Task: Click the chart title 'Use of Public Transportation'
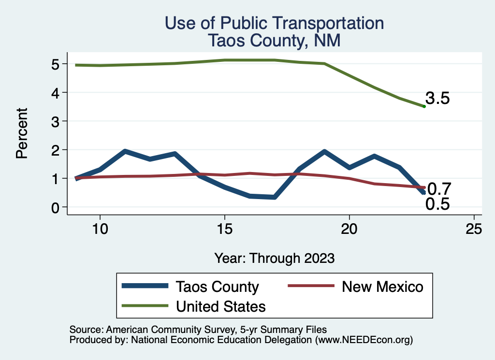[x=274, y=23]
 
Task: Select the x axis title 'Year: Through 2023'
[x=274, y=258]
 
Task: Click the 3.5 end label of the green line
[x=437, y=99]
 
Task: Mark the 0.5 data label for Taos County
[x=437, y=204]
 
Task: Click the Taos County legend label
[x=217, y=287]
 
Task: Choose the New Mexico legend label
[x=382, y=287]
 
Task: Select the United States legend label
[x=220, y=306]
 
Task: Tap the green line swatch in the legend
[x=146, y=306]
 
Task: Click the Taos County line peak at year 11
[x=125, y=151]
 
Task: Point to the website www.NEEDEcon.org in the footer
[x=364, y=340]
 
